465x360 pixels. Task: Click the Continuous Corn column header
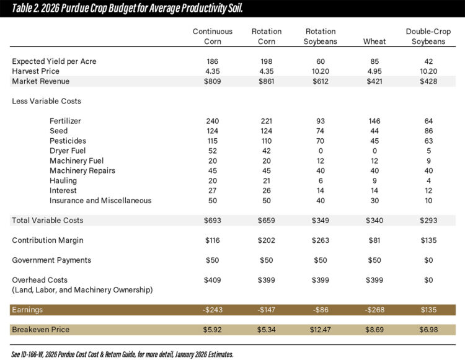click(213, 37)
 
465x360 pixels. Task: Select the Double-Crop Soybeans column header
click(425, 37)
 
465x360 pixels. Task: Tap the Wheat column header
click(374, 42)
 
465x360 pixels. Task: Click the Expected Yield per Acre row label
click(54, 61)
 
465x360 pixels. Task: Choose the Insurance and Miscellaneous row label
click(100, 200)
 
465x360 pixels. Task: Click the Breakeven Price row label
click(40, 329)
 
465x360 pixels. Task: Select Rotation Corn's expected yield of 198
click(267, 61)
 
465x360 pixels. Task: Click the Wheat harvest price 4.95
click(374, 71)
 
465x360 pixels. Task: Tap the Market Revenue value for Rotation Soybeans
click(320, 81)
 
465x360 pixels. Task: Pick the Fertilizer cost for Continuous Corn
click(213, 121)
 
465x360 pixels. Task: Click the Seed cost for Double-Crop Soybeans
click(425, 131)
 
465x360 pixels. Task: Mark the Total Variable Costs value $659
click(267, 220)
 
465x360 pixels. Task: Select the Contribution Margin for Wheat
click(374, 240)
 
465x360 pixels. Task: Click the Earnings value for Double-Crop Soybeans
click(425, 309)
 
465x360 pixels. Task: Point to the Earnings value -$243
click(213, 309)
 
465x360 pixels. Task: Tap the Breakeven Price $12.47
click(320, 329)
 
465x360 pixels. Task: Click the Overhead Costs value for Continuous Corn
click(213, 279)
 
